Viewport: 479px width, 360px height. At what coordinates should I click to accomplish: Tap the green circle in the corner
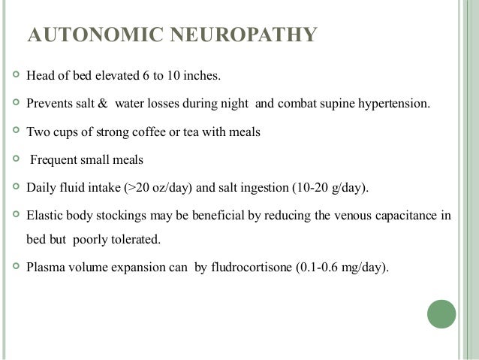click(441, 313)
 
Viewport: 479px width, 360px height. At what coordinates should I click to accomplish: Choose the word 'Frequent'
click(55, 159)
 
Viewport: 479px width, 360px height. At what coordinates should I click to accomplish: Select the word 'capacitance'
click(403, 215)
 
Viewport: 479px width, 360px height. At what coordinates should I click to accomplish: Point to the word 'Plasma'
click(45, 266)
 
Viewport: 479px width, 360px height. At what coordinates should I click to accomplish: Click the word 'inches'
click(203, 76)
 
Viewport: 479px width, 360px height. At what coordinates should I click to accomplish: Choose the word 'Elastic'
click(44, 215)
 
